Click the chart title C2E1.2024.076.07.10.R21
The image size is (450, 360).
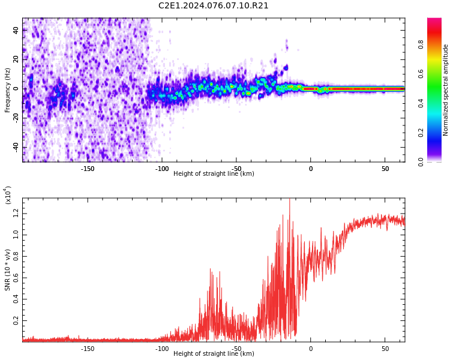click(x=214, y=6)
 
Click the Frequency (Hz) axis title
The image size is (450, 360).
click(x=8, y=89)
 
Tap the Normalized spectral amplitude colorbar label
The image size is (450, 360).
click(x=446, y=89)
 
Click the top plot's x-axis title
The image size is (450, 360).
click(x=214, y=174)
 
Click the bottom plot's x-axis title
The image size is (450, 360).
click(x=214, y=354)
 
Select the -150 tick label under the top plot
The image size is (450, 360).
click(x=88, y=169)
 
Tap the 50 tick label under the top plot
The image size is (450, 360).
click(x=385, y=169)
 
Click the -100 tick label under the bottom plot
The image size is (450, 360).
click(x=162, y=349)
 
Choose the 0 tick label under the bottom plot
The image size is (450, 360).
click(x=311, y=349)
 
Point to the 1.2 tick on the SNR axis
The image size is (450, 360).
click(x=16, y=213)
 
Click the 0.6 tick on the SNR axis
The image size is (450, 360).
click(x=16, y=278)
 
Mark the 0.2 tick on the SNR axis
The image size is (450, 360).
click(x=16, y=321)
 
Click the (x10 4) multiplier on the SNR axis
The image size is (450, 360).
click(x=8, y=195)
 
